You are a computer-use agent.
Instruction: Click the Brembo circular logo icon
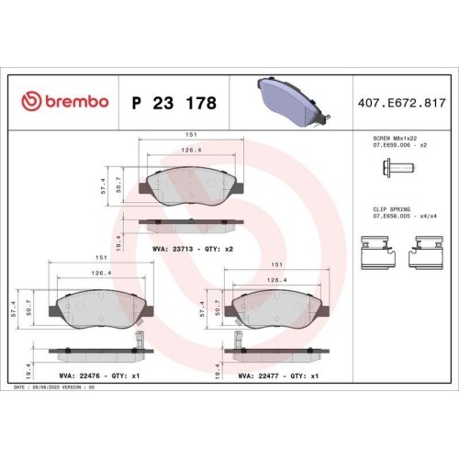(31, 101)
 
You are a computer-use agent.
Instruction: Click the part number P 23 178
(174, 103)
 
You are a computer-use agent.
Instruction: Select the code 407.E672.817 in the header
(402, 103)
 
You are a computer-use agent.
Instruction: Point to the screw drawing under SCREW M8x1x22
(398, 168)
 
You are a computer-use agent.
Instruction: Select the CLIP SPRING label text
(391, 209)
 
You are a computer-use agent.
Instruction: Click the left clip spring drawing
(379, 252)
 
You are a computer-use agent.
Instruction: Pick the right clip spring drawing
(426, 252)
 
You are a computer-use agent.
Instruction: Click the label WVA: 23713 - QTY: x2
(193, 249)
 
